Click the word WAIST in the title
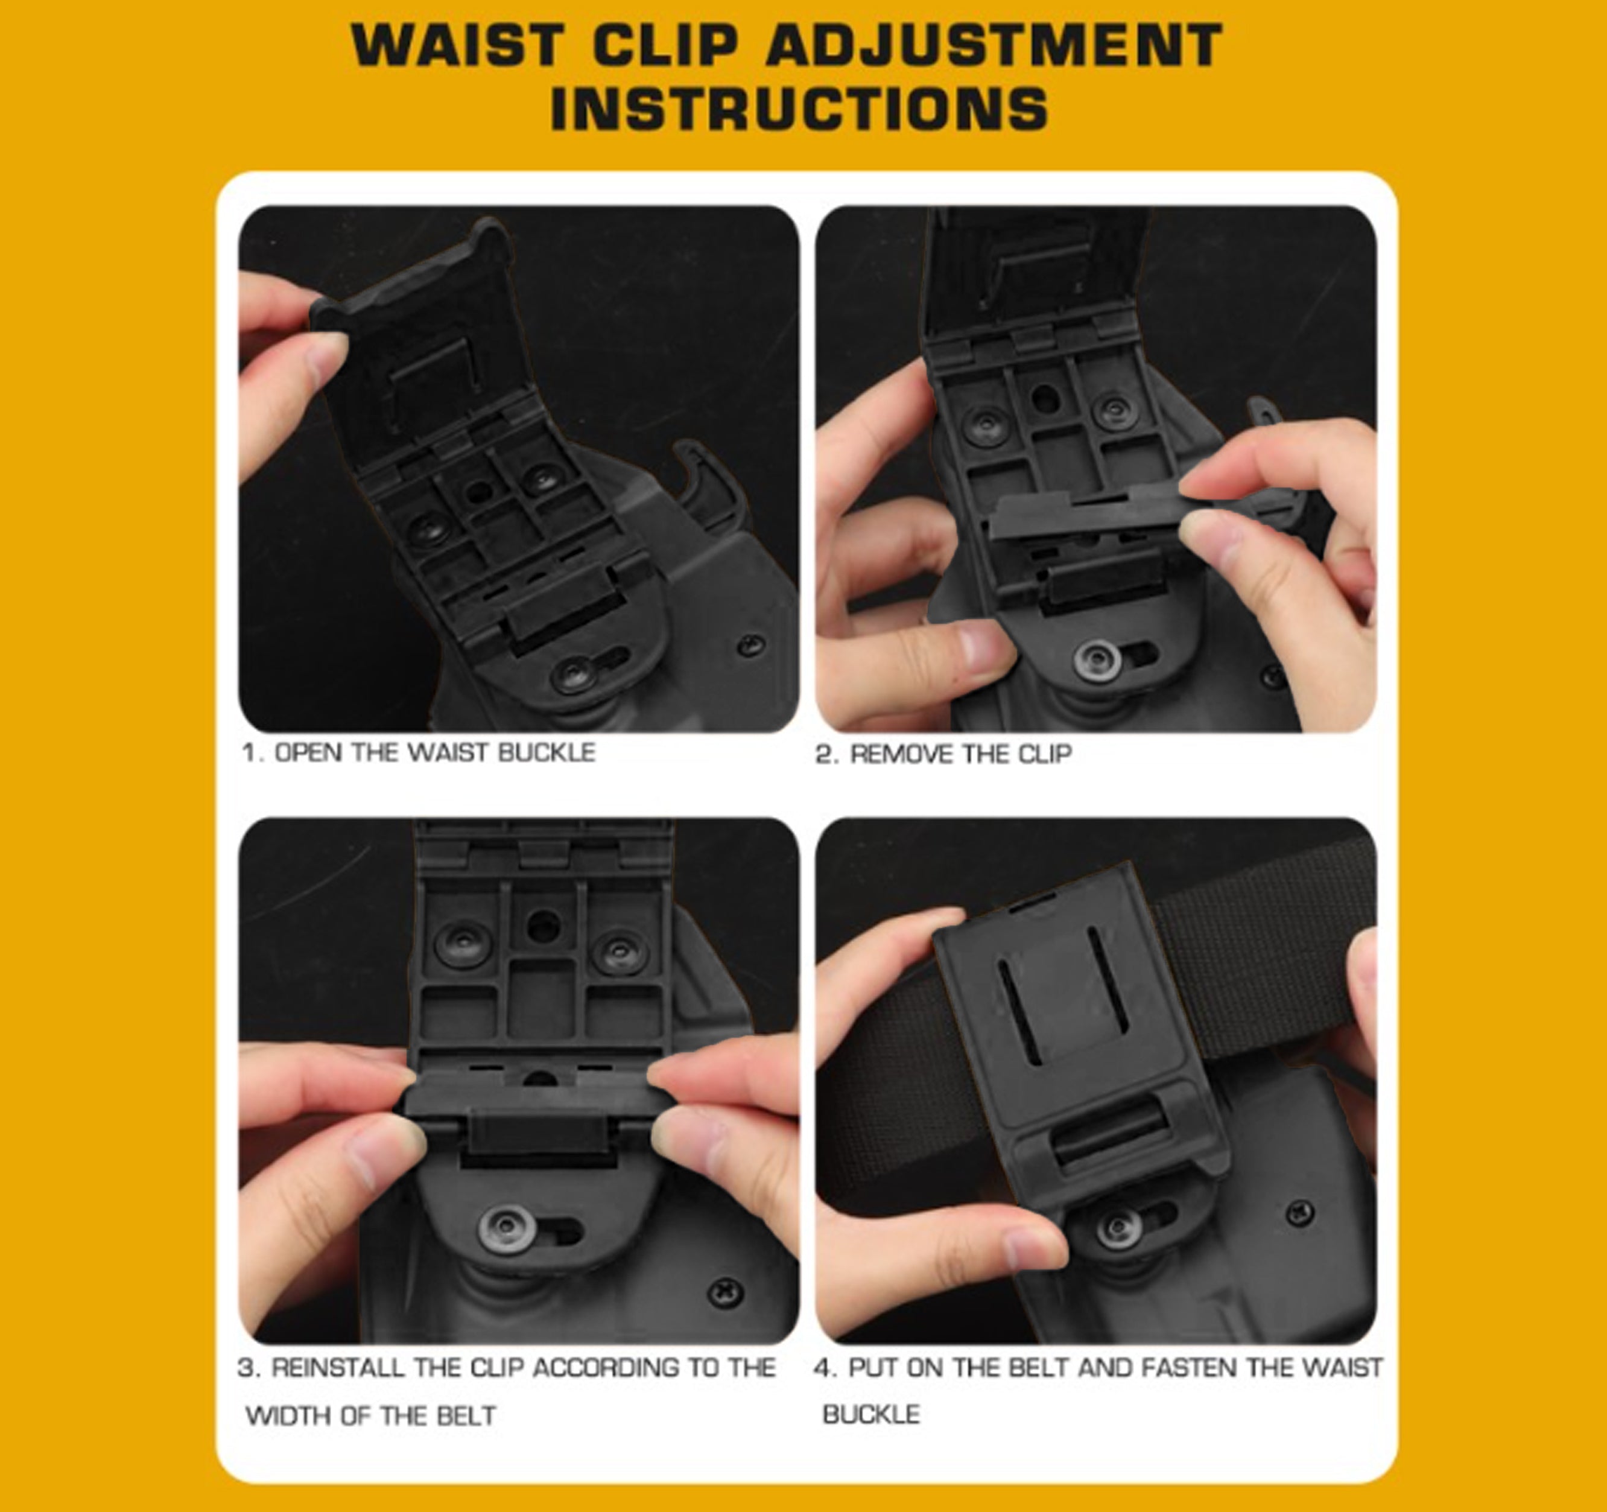457,45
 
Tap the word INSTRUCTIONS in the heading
799,109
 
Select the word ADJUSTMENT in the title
994,45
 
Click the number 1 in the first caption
249,753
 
